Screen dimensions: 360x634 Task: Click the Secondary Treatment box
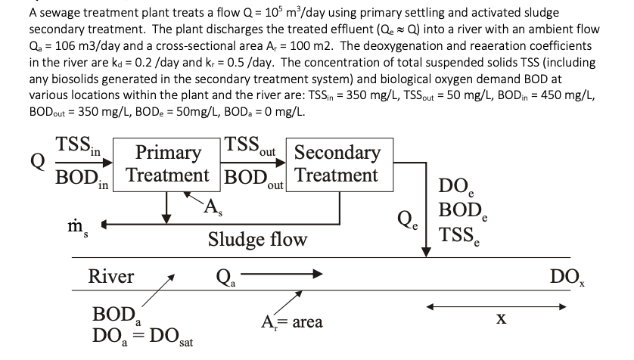point(336,164)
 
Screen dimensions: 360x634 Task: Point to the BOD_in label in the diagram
point(82,179)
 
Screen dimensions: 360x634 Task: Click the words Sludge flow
point(258,240)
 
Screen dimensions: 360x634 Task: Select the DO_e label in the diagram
point(462,186)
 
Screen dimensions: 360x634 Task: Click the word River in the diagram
point(111,276)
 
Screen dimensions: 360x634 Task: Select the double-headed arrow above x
point(495,307)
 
